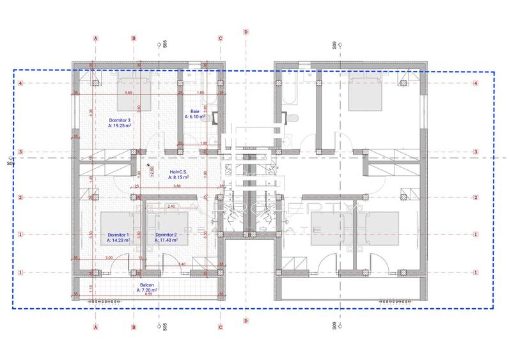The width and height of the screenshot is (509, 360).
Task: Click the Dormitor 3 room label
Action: tap(120, 120)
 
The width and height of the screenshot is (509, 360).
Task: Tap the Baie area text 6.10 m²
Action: tap(194, 117)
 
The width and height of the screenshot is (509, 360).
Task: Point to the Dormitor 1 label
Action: tap(118, 235)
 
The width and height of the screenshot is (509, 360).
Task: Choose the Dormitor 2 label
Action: tap(166, 235)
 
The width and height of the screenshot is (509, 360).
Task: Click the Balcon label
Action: tap(147, 286)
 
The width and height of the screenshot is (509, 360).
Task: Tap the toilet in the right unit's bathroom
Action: tap(292, 118)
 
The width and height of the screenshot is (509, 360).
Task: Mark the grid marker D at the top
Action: tap(246, 31)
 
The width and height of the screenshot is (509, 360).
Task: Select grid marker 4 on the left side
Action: tap(20, 83)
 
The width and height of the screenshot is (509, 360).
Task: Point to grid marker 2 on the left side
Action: tap(20, 197)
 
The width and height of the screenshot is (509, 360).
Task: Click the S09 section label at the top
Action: tap(334, 45)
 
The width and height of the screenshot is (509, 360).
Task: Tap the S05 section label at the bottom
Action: tap(164, 326)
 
